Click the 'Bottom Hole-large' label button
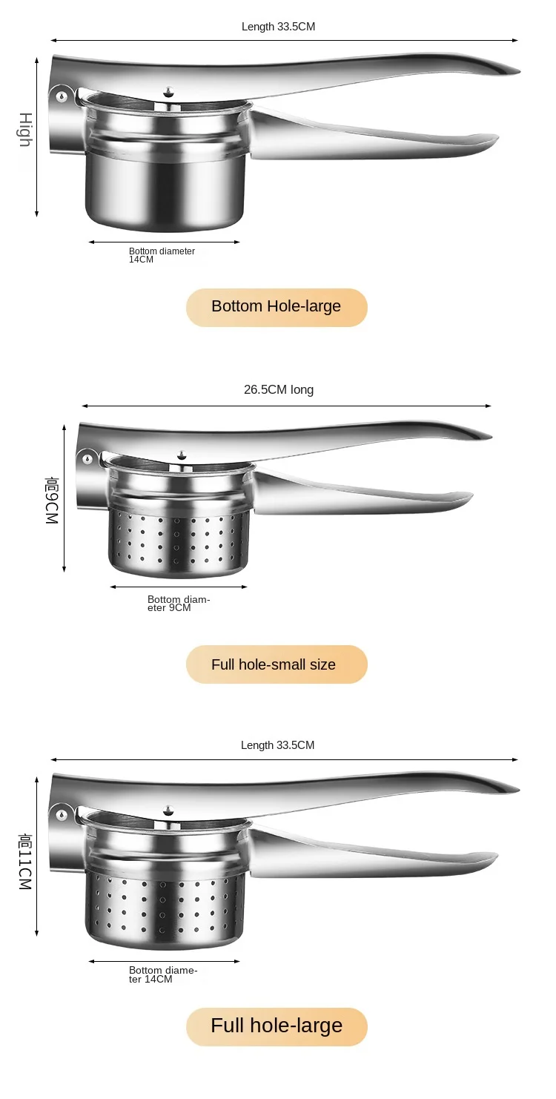tap(276, 306)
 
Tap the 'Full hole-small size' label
tap(276, 664)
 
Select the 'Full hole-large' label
tap(276, 1026)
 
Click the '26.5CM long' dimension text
tap(279, 390)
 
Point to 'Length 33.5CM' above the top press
tap(278, 27)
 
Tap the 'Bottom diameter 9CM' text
tap(179, 604)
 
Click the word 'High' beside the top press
tap(25, 130)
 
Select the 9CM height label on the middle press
tap(51, 501)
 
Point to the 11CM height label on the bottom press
tap(25, 862)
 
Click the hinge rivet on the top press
tap(62, 96)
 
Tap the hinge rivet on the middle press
tap(87, 459)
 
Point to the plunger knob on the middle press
tap(182, 455)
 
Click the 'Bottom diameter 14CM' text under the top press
tap(162, 255)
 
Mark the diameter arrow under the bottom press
tap(164, 962)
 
